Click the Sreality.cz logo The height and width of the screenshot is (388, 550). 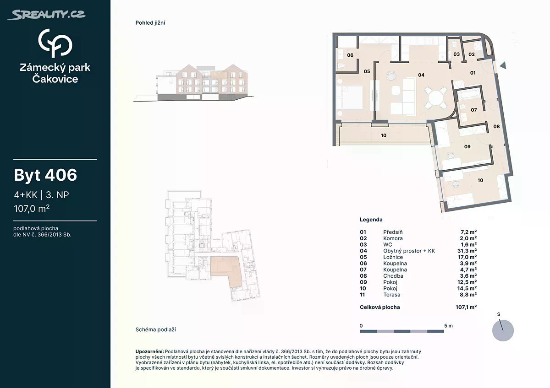pyautogui.click(x=47, y=15)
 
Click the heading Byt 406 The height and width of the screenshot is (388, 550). pyautogui.click(x=45, y=175)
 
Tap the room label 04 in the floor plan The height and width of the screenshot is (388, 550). pyautogui.click(x=421, y=75)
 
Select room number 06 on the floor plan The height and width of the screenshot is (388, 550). pyautogui.click(x=350, y=55)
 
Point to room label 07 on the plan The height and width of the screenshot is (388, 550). pyautogui.click(x=473, y=110)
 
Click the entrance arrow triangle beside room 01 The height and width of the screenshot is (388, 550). pyautogui.click(x=503, y=65)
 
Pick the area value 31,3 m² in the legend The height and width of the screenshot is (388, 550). pyautogui.click(x=465, y=251)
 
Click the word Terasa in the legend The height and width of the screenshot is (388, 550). pyautogui.click(x=391, y=295)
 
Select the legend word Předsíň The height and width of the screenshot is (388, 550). pyautogui.click(x=393, y=232)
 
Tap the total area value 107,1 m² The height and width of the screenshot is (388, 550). pyautogui.click(x=466, y=307)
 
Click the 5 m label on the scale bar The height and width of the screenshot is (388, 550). pyautogui.click(x=448, y=326)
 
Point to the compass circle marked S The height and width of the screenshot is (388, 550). pyautogui.click(x=503, y=330)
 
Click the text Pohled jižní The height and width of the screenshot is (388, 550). pyautogui.click(x=150, y=23)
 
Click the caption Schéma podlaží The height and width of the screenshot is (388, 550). pyautogui.click(x=156, y=330)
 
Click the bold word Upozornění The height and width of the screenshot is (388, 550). pyautogui.click(x=149, y=351)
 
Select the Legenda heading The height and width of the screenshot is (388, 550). pyautogui.click(x=371, y=220)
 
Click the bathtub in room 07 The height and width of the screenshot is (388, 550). pyautogui.click(x=469, y=94)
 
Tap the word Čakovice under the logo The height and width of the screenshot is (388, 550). pyautogui.click(x=55, y=79)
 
